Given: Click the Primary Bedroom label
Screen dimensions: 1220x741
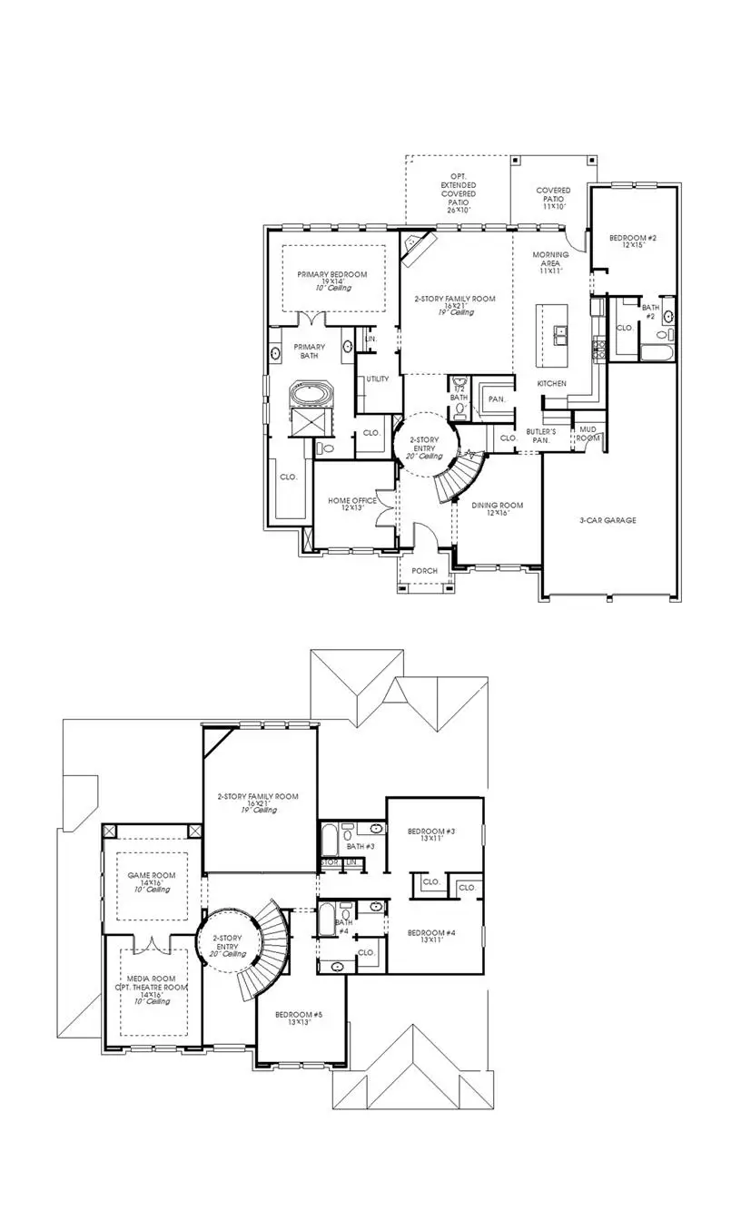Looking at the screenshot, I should [x=331, y=275].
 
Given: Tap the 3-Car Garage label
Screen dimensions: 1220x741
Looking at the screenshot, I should [x=608, y=520].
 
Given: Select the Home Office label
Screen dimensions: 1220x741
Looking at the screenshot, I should [x=352, y=501].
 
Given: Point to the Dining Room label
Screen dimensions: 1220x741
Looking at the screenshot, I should [x=498, y=506].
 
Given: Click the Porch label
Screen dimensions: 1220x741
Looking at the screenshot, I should [x=424, y=571].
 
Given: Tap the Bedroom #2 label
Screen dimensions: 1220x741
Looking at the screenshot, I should [x=633, y=238].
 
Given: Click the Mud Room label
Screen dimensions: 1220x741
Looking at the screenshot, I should [x=588, y=432].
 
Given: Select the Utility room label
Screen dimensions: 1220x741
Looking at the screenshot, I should [x=377, y=379].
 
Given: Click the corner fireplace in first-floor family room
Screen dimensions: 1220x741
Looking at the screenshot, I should [x=419, y=246].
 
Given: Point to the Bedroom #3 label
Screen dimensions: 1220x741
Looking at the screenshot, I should [x=431, y=831].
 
